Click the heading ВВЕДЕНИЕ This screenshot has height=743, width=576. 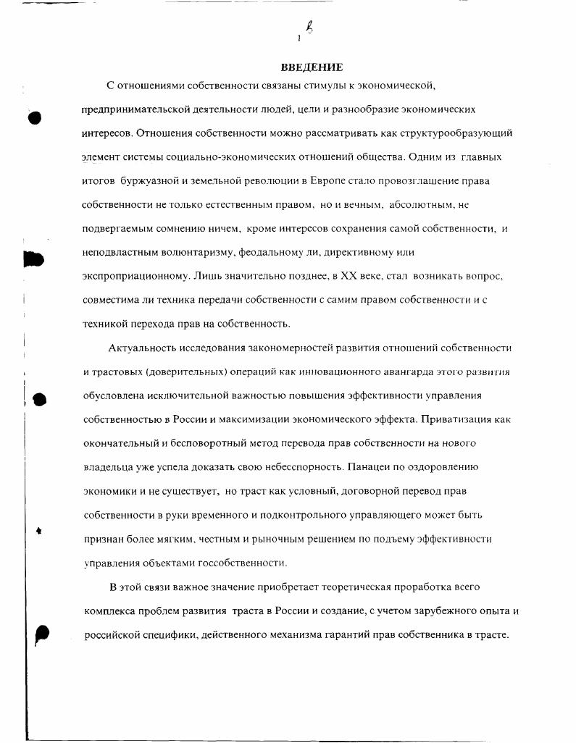pyautogui.click(x=312, y=67)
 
